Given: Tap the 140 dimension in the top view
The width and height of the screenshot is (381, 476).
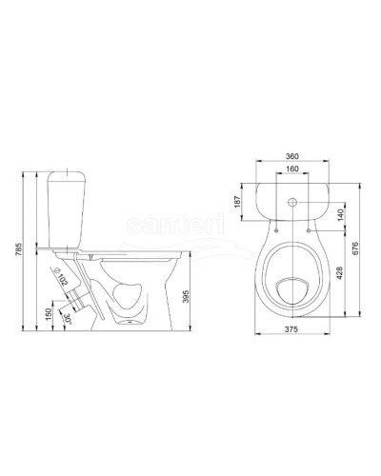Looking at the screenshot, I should pyautogui.click(x=340, y=216).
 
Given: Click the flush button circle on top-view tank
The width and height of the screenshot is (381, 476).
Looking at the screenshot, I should pyautogui.click(x=291, y=202).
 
